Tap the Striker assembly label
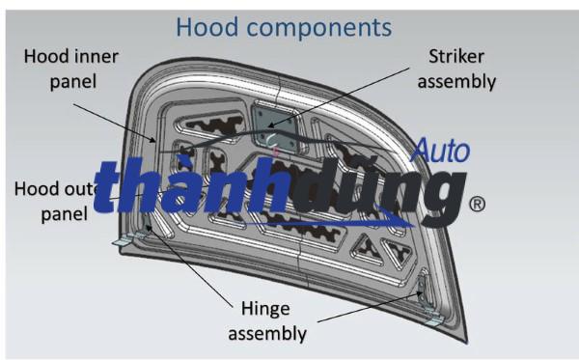coord(461,69)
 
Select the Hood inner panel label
coord(71,69)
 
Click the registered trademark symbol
coord(476,205)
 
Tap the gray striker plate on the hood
coord(273,125)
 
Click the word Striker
coord(461,56)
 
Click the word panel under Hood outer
coord(64,212)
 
